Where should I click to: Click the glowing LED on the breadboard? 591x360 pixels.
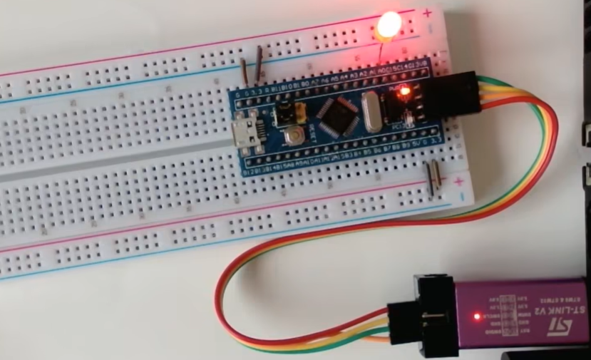click(388, 26)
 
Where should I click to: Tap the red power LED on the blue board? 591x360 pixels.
click(404, 91)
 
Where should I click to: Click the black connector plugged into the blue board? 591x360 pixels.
click(453, 93)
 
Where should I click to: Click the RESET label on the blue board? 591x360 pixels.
click(312, 133)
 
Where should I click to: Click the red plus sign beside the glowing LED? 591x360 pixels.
click(427, 13)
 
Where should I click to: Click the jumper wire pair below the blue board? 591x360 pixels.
click(432, 178)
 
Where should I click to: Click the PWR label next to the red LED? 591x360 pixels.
click(394, 84)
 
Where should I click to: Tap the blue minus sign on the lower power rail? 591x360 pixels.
click(462, 193)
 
